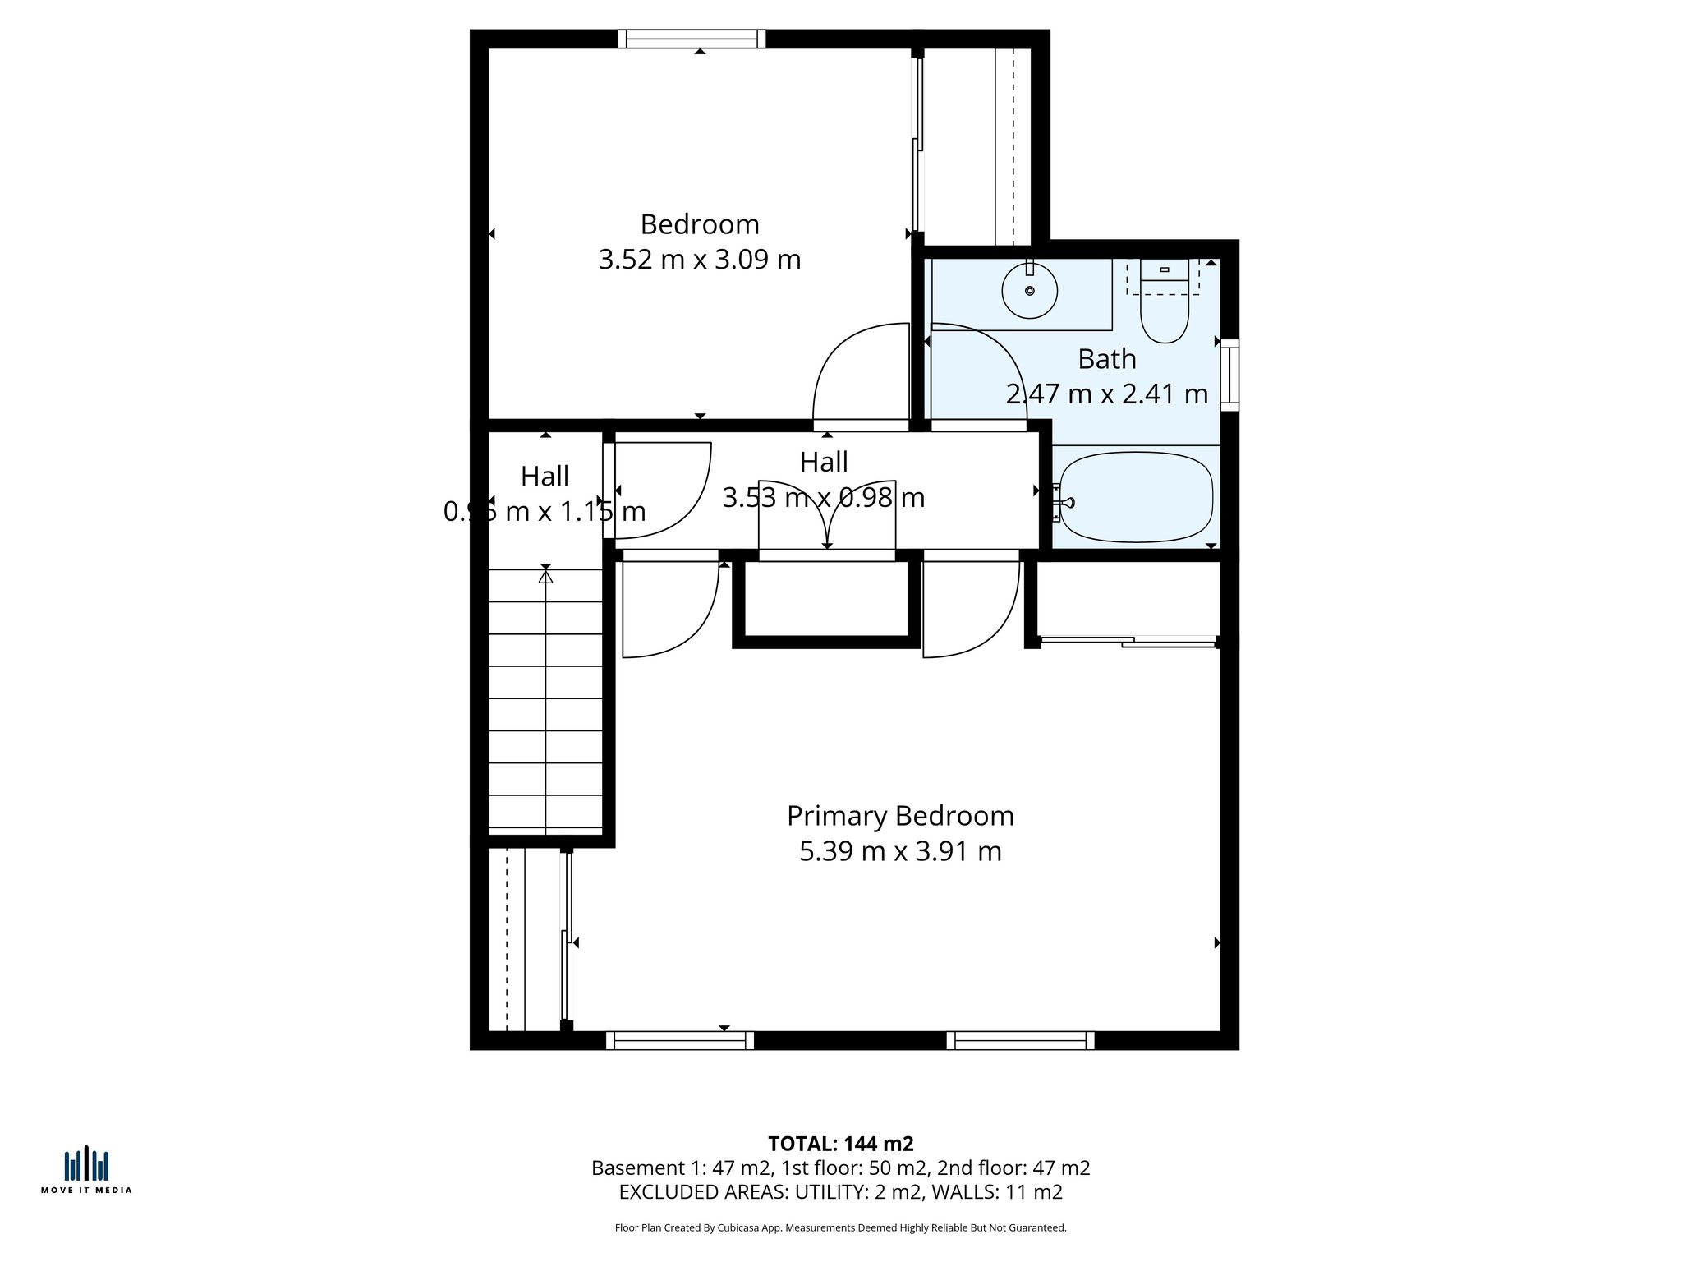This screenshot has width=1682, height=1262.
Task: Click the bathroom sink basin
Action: [x=1029, y=291]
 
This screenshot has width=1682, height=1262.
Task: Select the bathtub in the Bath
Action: [x=1136, y=497]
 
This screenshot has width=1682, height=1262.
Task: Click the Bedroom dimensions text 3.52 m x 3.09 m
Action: [x=699, y=260]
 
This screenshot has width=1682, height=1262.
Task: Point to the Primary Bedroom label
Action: [x=900, y=816]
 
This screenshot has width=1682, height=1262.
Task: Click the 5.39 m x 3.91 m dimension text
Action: [x=900, y=851]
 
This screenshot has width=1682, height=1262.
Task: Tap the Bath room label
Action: [x=1106, y=359]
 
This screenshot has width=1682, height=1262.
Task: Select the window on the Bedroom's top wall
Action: [x=692, y=39]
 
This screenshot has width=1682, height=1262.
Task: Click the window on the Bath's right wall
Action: [x=1229, y=375]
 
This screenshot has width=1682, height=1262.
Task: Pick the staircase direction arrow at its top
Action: [x=545, y=576]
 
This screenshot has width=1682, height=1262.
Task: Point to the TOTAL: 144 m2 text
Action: [x=840, y=1144]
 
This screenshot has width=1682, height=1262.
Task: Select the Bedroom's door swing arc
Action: [x=854, y=370]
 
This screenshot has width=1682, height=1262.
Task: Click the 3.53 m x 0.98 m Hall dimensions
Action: [x=824, y=498]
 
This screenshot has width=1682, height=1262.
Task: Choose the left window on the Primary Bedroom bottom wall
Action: [x=680, y=1041]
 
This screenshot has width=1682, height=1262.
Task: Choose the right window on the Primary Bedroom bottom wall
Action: [x=1020, y=1041]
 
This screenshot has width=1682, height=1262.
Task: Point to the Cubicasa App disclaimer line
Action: [x=840, y=1227]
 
